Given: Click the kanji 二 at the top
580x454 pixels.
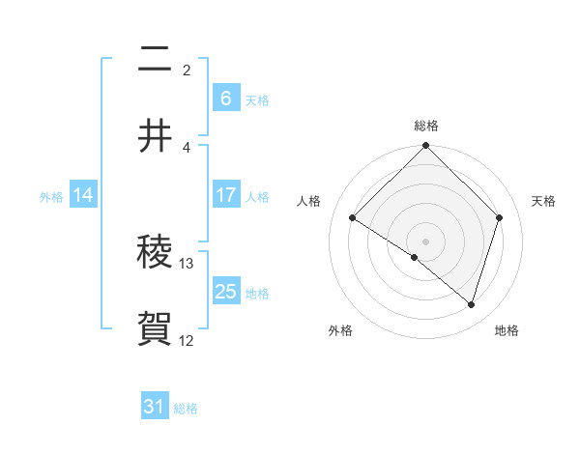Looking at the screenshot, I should pyautogui.click(x=156, y=60).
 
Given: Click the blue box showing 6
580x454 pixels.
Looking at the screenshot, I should pyautogui.click(x=225, y=98).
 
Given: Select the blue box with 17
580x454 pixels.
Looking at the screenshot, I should pyautogui.click(x=225, y=195).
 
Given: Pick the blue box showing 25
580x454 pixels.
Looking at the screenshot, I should pyautogui.click(x=225, y=292).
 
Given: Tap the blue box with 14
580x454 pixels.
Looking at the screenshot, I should pyautogui.click(x=83, y=195).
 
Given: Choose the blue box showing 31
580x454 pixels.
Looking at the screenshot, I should pyautogui.click(x=155, y=407).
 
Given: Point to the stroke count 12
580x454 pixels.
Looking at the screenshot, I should pyautogui.click(x=187, y=340).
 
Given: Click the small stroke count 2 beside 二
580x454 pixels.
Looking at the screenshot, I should pyautogui.click(x=187, y=70).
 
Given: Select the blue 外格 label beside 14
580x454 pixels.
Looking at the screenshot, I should pyautogui.click(x=51, y=196).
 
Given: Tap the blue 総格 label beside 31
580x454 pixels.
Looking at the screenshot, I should pyautogui.click(x=186, y=408).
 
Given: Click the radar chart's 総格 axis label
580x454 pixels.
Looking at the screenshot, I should pyautogui.click(x=426, y=126).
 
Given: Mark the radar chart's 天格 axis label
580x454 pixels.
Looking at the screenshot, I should pyautogui.click(x=544, y=201).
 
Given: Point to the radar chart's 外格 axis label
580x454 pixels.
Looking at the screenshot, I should pyautogui.click(x=340, y=330).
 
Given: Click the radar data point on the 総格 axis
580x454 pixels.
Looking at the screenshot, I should pyautogui.click(x=426, y=147).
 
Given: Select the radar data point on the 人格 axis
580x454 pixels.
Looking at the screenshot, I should pyautogui.click(x=353, y=218).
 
